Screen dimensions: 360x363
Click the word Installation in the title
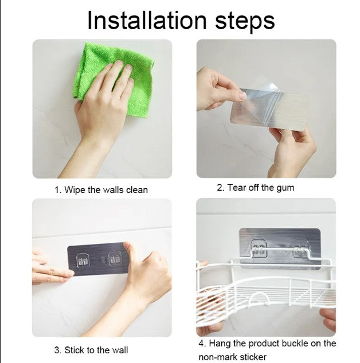point(147,20)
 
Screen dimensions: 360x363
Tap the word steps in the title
point(245,22)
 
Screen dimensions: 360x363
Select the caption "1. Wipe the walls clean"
point(101,190)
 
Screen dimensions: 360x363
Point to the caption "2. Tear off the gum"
point(256,188)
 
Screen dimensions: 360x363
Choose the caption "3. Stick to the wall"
point(91,350)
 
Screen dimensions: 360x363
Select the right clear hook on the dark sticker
point(115,258)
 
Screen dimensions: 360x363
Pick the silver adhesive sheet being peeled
point(269,108)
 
